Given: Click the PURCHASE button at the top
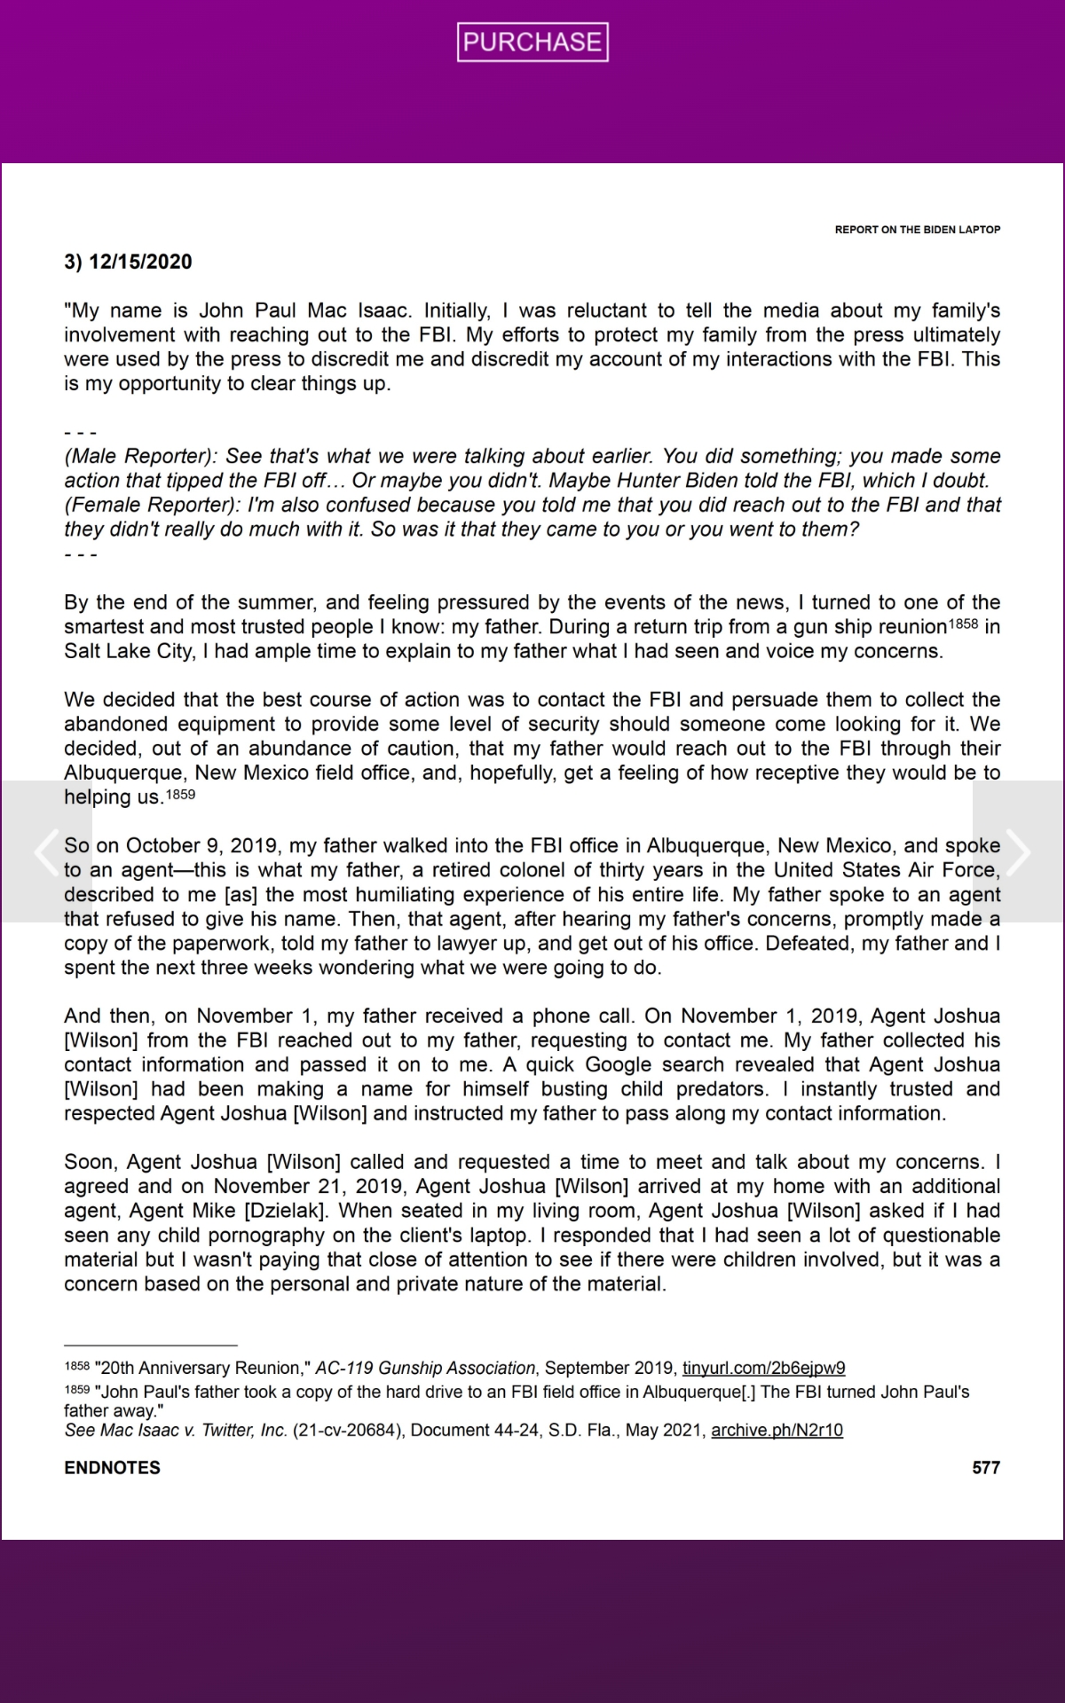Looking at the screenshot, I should pyautogui.click(x=532, y=42).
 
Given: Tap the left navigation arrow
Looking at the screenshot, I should pyautogui.click(x=46, y=851).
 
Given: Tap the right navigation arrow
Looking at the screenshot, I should pyautogui.click(x=1018, y=851).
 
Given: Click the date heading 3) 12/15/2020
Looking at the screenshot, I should pyautogui.click(x=128, y=262).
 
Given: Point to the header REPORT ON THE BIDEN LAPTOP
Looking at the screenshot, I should pyautogui.click(x=917, y=230).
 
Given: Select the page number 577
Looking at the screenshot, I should pyautogui.click(x=985, y=1468).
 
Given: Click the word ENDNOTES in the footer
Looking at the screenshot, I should pyautogui.click(x=112, y=1468).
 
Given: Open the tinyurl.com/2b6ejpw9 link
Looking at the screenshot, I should pyautogui.click(x=763, y=1368).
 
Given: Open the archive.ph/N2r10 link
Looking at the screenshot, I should pyautogui.click(x=777, y=1430).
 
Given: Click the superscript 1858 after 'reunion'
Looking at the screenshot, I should pyautogui.click(x=963, y=624).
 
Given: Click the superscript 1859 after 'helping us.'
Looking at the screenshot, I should pyautogui.click(x=180, y=794).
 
